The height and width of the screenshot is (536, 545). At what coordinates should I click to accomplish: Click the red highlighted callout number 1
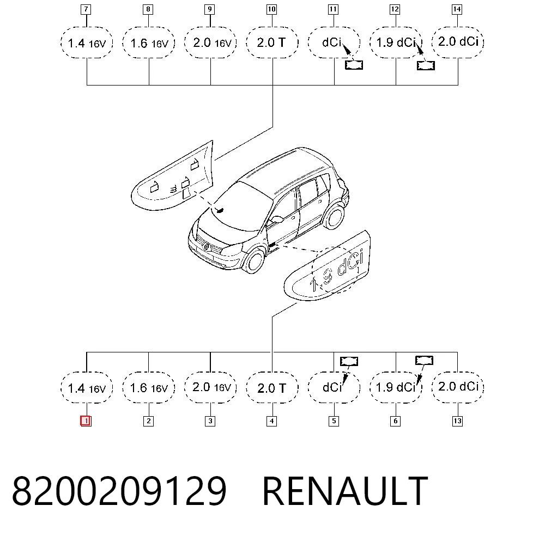(x=86, y=421)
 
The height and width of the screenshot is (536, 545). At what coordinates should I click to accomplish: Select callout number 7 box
(x=86, y=9)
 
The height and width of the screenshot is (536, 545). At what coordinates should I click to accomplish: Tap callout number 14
(x=457, y=9)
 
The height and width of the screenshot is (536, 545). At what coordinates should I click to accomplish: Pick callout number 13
(x=457, y=421)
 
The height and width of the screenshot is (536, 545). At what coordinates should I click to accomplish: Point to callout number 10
(x=271, y=9)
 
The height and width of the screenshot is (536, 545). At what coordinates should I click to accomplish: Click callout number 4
(x=271, y=421)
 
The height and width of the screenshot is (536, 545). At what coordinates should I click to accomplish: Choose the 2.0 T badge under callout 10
(x=272, y=42)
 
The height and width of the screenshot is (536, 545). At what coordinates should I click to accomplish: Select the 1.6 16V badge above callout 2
(x=149, y=388)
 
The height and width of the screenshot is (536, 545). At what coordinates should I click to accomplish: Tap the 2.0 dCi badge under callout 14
(x=458, y=42)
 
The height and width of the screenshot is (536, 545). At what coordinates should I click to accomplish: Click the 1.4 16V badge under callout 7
(x=87, y=42)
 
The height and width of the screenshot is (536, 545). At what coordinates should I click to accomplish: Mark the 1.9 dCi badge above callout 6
(x=396, y=388)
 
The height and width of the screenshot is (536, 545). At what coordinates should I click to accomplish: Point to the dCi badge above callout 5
(x=334, y=388)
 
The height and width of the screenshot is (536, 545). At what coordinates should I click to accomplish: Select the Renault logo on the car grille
(x=206, y=246)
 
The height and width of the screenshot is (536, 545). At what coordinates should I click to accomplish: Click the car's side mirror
(x=277, y=219)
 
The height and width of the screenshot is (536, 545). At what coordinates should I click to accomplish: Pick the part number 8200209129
(x=119, y=491)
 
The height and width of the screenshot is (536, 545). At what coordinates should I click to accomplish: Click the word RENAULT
(x=345, y=490)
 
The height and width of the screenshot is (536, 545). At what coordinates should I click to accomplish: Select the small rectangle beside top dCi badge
(x=354, y=65)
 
